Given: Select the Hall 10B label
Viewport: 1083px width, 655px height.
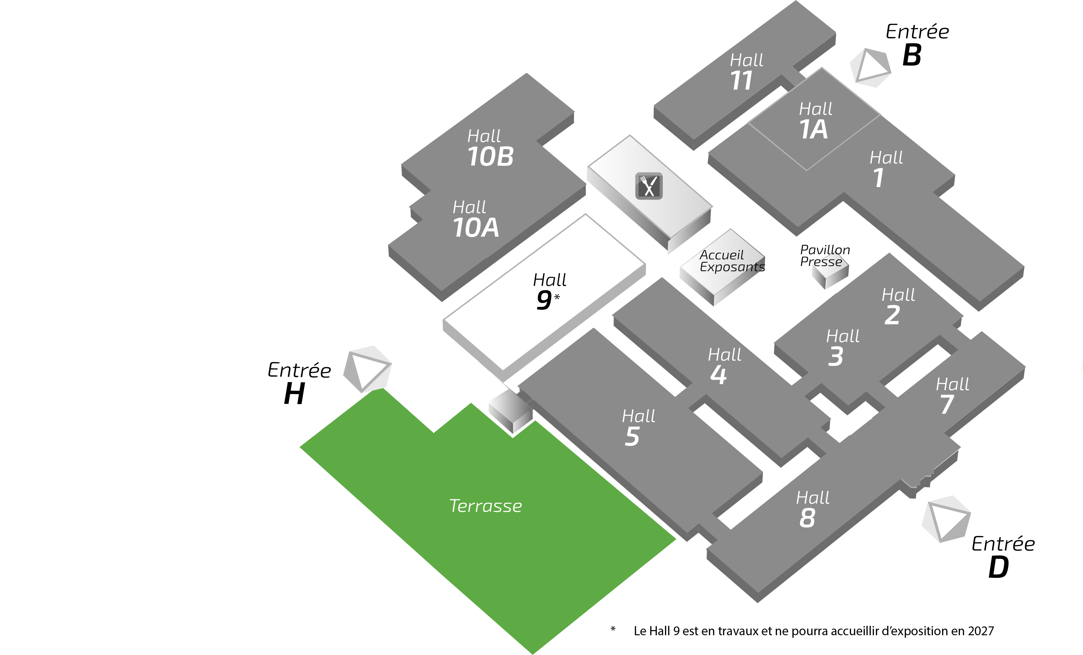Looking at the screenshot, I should pyautogui.click(x=489, y=148).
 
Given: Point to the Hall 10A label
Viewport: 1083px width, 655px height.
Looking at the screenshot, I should pyautogui.click(x=475, y=219).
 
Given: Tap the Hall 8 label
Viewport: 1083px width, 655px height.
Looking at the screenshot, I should pyautogui.click(x=812, y=509).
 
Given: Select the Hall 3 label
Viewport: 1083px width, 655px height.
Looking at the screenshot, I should pyautogui.click(x=842, y=348).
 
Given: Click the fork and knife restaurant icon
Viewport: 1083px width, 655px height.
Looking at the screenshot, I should pyautogui.click(x=649, y=186).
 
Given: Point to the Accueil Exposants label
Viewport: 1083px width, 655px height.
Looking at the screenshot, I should pyautogui.click(x=732, y=261).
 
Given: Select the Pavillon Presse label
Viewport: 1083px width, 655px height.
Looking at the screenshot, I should pyautogui.click(x=824, y=256).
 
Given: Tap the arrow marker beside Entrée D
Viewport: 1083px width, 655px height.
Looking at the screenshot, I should pyautogui.click(x=946, y=519).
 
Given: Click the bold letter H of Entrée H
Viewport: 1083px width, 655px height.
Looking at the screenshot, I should pyautogui.click(x=294, y=394).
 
